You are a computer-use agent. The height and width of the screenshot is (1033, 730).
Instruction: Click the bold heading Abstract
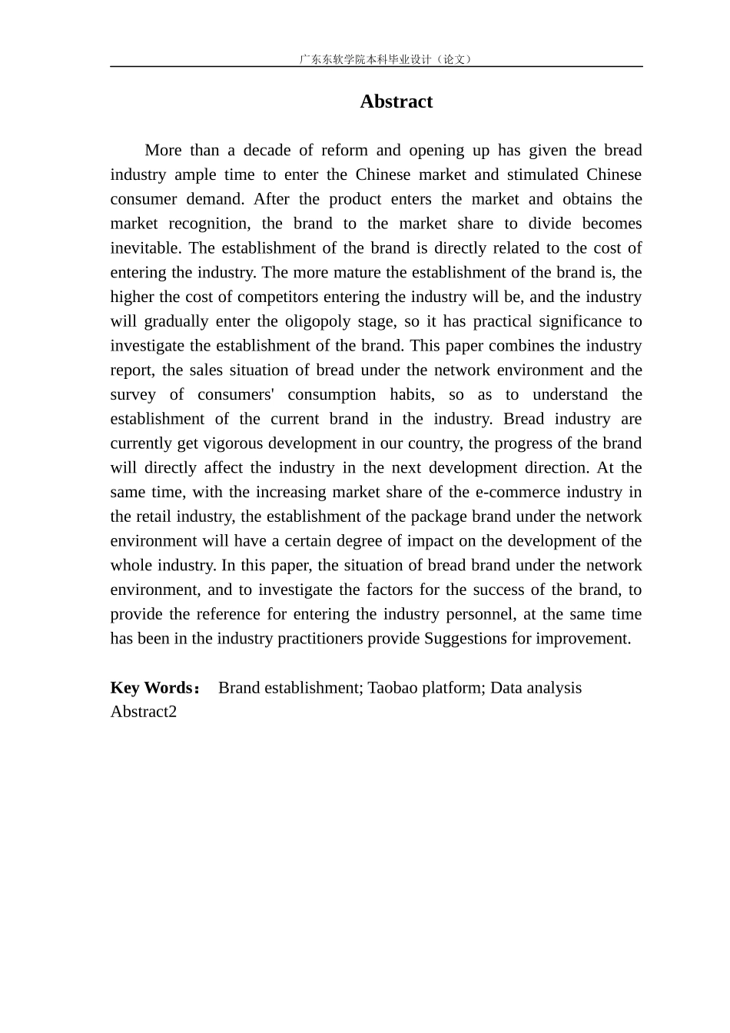396,101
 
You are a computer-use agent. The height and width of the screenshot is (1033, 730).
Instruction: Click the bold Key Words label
151,688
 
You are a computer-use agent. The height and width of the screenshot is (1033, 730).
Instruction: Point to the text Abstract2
144,712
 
